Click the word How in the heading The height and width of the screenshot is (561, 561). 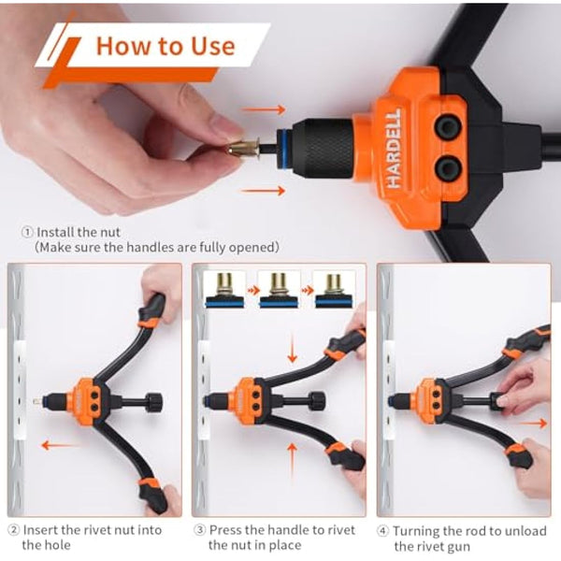124,45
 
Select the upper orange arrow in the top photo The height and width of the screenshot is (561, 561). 264,109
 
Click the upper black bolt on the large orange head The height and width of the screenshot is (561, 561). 449,128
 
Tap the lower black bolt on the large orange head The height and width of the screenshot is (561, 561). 449,168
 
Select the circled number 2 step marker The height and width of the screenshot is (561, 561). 12,530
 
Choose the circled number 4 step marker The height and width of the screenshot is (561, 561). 383,530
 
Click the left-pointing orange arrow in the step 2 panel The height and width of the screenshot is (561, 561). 59,445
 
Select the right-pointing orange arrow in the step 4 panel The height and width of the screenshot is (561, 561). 532,423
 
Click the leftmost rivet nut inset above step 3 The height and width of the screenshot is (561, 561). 225,289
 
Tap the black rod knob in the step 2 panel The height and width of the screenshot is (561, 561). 153,403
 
